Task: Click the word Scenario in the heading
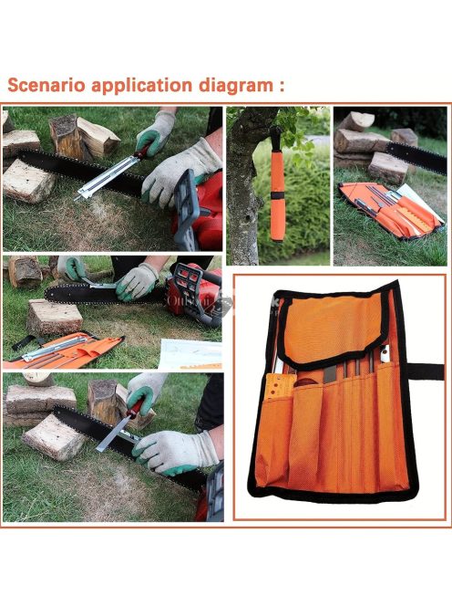pyautogui.click(x=46, y=85)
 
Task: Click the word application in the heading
pyautogui.click(x=141, y=86)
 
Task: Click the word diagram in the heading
pyautogui.click(x=236, y=86)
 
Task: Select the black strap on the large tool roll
pyautogui.click(x=426, y=371)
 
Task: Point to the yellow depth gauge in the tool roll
pyautogui.click(x=277, y=387)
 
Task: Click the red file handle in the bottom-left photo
pyautogui.click(x=135, y=409)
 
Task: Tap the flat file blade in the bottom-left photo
pyautogui.click(x=111, y=434)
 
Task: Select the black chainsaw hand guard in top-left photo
pyautogui.click(x=187, y=210)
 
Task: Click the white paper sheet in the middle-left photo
pyautogui.click(x=190, y=353)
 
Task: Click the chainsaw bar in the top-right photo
pyautogui.click(x=416, y=157)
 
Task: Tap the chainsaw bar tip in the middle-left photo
pyautogui.click(x=48, y=294)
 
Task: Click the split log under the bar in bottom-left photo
pyautogui.click(x=53, y=437)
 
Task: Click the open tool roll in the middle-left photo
pyautogui.click(x=64, y=350)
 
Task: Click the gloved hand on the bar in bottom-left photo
pyautogui.click(x=177, y=452)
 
